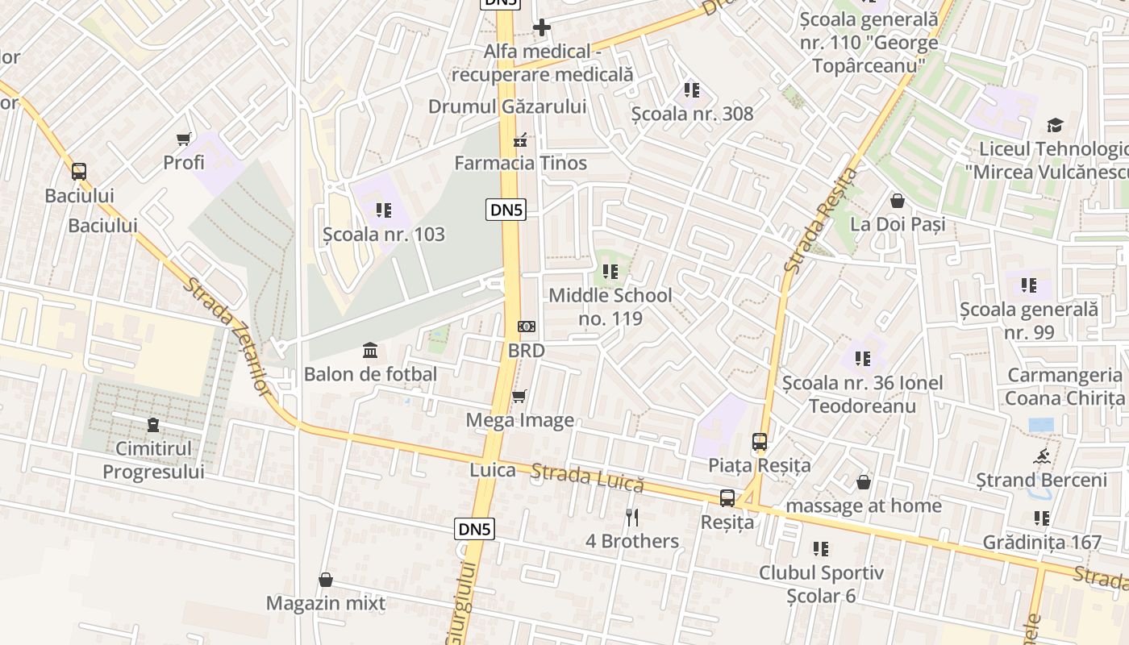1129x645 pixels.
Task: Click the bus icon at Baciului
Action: coord(78,171)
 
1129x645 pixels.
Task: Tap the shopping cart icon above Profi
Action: coord(184,139)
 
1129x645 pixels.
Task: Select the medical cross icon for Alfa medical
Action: coord(542,27)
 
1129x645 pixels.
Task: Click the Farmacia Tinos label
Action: coord(520,163)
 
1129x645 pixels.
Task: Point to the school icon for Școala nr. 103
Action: coord(383,210)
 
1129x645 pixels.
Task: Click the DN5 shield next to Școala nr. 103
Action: coord(506,210)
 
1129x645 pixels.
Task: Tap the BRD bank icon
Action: coord(526,327)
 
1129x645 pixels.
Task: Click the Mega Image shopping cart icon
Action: coord(519,396)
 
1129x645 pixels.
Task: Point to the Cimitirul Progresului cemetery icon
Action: coord(153,424)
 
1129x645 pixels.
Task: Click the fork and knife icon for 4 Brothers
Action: coord(632,517)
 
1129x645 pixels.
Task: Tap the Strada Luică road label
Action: coord(588,478)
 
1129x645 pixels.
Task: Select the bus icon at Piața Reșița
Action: coord(760,441)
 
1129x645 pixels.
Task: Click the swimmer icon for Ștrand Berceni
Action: coord(1041,456)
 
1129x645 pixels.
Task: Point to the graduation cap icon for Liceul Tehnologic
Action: coord(1055,125)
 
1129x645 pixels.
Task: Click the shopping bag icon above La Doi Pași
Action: coord(898,200)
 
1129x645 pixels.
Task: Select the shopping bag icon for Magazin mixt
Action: coord(326,579)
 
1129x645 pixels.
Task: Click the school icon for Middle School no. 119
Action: coord(610,272)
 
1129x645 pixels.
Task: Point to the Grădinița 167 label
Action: coord(1041,543)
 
